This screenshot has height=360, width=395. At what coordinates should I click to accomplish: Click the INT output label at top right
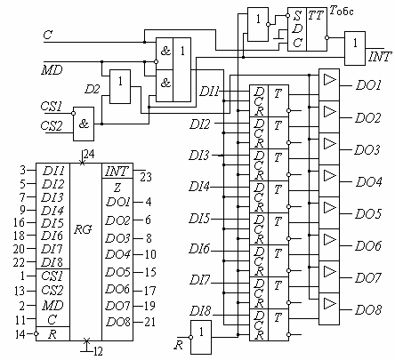click(380, 56)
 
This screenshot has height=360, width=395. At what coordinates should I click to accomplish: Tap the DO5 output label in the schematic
click(368, 214)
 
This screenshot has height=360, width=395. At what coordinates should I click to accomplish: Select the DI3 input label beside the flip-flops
click(199, 156)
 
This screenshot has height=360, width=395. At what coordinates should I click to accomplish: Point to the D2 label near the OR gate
click(93, 89)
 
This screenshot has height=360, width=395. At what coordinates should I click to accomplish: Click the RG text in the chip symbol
click(83, 229)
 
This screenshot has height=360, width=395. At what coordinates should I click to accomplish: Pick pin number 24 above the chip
click(89, 154)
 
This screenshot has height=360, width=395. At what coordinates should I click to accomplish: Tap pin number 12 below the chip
click(98, 352)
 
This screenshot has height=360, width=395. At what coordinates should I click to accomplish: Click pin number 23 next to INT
click(146, 177)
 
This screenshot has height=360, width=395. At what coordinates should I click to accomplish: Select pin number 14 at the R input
click(20, 334)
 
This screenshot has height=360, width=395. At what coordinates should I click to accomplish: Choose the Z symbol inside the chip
click(117, 188)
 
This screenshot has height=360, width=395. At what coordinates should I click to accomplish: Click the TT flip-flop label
click(316, 15)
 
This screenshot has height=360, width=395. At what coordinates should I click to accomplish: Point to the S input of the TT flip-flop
click(297, 16)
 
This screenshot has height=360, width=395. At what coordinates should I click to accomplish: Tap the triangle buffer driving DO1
click(330, 80)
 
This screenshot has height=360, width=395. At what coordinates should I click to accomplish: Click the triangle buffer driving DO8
click(330, 304)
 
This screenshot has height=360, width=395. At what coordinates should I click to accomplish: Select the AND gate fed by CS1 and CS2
click(84, 124)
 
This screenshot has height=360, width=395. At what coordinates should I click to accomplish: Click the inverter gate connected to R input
click(201, 337)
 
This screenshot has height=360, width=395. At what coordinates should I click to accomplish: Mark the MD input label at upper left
click(52, 70)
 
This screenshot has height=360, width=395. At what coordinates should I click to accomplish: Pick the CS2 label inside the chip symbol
click(52, 290)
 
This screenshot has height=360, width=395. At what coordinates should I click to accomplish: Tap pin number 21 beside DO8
click(149, 322)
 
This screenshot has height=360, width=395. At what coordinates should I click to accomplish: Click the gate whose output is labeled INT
click(355, 48)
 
